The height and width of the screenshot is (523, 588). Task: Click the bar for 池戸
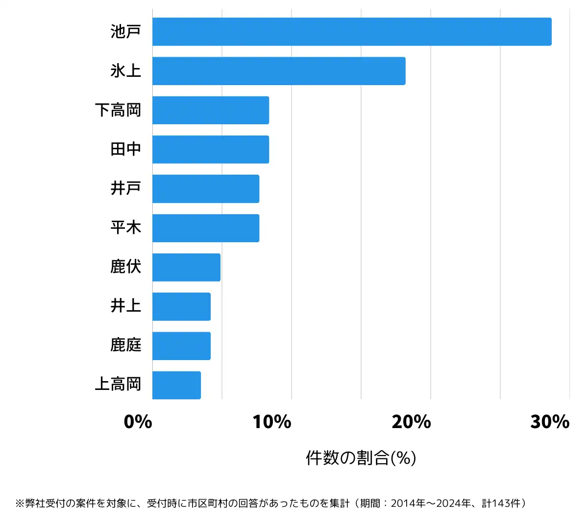point(352,32)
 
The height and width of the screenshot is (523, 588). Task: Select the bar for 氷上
point(279,71)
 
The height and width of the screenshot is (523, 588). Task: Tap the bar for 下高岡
point(211,110)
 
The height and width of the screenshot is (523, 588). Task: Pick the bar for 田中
point(211,149)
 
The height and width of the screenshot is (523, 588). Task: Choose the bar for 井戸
point(206,189)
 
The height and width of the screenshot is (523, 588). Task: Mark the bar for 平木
point(206,228)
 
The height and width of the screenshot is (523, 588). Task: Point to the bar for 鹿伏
point(186,267)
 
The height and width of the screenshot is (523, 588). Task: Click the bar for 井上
point(181,307)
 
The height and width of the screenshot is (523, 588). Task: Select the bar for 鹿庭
point(181,346)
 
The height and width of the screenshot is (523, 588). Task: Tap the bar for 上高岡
point(176,385)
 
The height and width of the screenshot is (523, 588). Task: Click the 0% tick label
point(138,422)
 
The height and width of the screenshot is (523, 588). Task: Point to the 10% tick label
point(272,422)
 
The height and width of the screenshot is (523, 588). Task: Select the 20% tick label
point(411,422)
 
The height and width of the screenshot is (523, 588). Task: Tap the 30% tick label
point(550,422)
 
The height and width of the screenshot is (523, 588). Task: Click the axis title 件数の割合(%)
point(361,458)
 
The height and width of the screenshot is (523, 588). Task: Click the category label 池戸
point(126,32)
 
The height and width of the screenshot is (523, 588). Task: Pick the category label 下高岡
point(118,110)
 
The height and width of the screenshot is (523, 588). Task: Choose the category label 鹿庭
point(126,345)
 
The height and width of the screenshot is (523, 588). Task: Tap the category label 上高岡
point(118,385)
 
